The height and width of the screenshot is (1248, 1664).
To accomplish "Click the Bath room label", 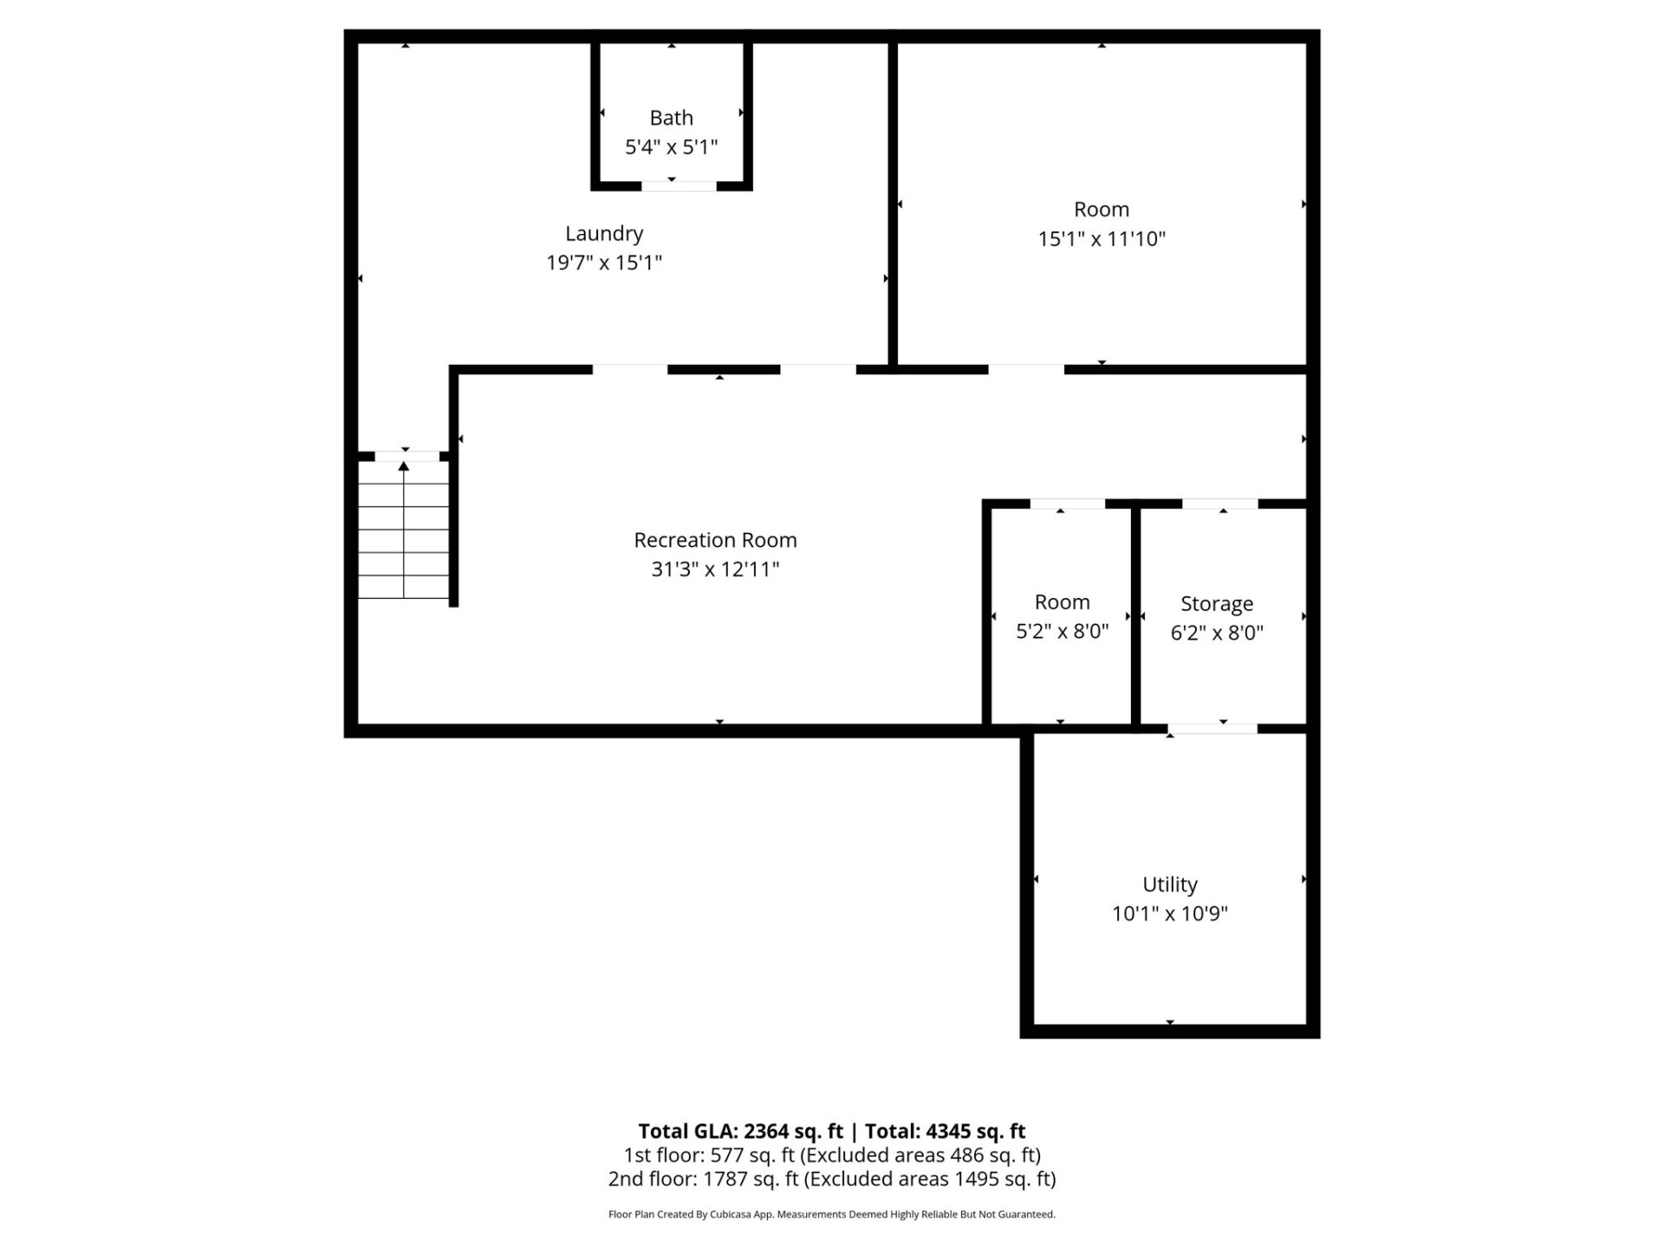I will (x=671, y=118).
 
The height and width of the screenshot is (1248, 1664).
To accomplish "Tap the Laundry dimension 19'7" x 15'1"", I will (x=604, y=263).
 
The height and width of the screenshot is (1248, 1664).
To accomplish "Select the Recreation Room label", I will (x=715, y=540).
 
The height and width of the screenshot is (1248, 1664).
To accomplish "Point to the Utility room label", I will (x=1169, y=884).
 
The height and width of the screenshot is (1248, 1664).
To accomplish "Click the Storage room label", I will (x=1216, y=603).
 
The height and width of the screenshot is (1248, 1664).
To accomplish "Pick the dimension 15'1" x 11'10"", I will (x=1102, y=239).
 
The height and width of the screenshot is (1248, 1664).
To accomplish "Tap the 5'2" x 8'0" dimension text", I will (x=1062, y=631).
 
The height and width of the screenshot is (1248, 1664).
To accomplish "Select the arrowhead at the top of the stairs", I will (x=404, y=466).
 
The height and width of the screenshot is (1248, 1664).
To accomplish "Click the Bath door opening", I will (x=679, y=185).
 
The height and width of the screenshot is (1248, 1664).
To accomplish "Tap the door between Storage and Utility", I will (x=1212, y=729).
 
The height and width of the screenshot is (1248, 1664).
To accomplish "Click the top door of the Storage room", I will (x=1219, y=504).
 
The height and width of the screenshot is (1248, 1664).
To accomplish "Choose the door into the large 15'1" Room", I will (x=1026, y=369).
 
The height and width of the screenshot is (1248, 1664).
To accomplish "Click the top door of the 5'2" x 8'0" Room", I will (x=1067, y=504).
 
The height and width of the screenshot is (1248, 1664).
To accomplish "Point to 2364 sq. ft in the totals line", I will (x=793, y=1131).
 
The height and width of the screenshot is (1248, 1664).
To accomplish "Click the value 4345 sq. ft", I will (x=975, y=1131).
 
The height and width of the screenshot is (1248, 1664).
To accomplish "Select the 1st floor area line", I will (x=832, y=1155).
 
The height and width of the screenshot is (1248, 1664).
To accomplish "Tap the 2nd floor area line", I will (x=832, y=1179).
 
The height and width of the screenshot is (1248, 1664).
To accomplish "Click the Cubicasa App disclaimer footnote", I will (x=832, y=1214).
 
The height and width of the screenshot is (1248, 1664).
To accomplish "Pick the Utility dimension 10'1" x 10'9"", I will (x=1169, y=913).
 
